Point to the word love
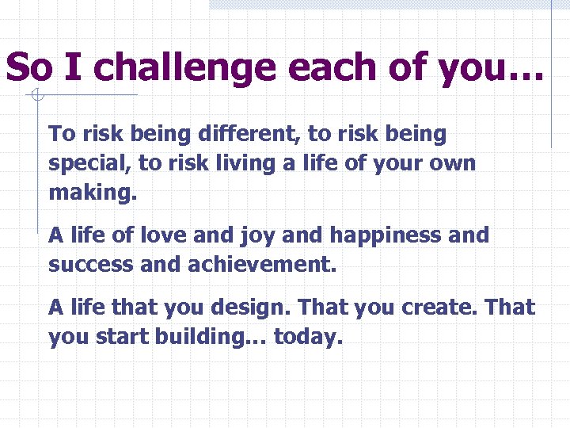pyautogui.click(x=164, y=235)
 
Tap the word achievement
pyautogui.click(x=261, y=265)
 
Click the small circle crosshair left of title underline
pyautogui.click(x=36, y=97)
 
